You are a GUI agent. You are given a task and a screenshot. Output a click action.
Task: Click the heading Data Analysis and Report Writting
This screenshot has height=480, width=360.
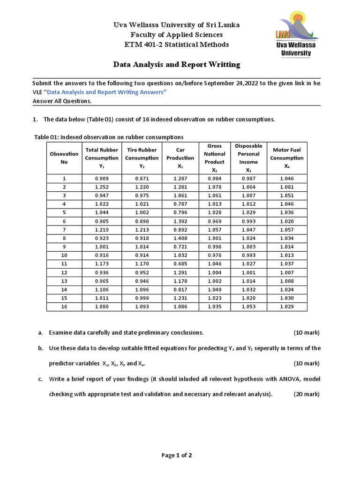pos(177,64)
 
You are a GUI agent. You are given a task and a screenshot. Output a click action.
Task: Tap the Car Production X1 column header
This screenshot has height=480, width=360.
pos(180,158)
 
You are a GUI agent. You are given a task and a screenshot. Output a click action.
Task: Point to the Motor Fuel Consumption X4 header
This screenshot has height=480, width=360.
pos(287,158)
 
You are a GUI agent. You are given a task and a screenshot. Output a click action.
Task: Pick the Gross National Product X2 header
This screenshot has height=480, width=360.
pos(215,158)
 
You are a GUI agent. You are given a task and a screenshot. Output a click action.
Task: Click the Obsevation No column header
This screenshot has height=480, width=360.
pos(64,158)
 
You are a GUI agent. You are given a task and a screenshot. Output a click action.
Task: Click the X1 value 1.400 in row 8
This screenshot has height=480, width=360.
pos(180,238)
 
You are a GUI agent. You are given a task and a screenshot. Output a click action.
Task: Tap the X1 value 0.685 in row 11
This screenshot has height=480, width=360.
pos(180,264)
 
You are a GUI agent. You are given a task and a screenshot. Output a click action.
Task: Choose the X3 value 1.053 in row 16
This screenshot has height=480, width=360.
pos(248,307)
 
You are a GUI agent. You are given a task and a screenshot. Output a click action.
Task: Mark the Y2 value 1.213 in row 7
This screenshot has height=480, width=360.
pos(142,230)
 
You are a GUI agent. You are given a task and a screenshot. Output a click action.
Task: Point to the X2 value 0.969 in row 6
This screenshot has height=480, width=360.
pos(215,221)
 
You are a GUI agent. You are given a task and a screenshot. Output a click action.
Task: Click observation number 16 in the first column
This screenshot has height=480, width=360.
pos(64,307)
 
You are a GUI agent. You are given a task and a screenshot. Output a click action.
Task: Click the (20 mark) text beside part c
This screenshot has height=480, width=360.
pos(307,394)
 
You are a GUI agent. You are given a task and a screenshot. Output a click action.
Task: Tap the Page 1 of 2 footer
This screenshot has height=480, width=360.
pos(177,455)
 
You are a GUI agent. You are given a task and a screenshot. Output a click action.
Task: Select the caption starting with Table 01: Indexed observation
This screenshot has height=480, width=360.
pos(109,137)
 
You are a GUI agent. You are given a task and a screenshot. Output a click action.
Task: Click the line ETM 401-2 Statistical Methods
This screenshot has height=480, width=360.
pos(176,45)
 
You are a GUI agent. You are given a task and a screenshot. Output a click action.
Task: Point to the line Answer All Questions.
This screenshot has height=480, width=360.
pos(62,101)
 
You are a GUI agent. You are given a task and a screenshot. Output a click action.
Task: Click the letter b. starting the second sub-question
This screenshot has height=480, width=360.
pos(41,348)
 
